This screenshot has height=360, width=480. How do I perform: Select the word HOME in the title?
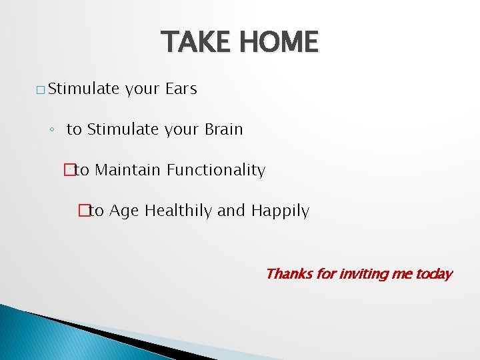point(280,41)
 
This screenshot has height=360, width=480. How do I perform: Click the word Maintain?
point(128,170)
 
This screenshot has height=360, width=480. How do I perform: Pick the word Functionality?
point(216,170)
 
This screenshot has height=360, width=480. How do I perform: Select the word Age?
point(125,211)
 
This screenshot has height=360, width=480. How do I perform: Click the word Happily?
point(280,211)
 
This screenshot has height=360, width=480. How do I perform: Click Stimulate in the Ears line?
point(83,89)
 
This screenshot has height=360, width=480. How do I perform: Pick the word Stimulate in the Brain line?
point(121,129)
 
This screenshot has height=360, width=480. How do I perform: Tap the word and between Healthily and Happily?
point(231,211)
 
